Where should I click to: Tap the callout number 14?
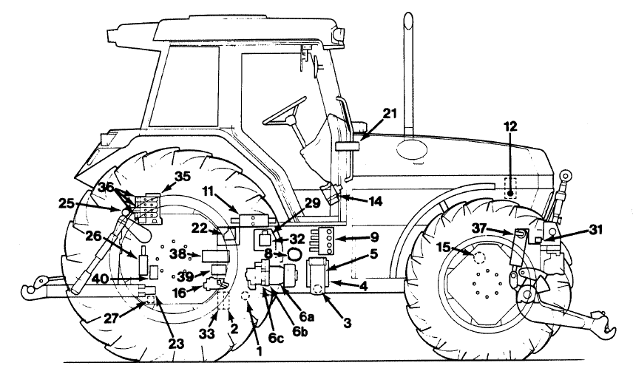click(376, 200)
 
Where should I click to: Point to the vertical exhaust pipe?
click(405, 74)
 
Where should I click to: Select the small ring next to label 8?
click(294, 254)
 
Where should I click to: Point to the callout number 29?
click(313, 201)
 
